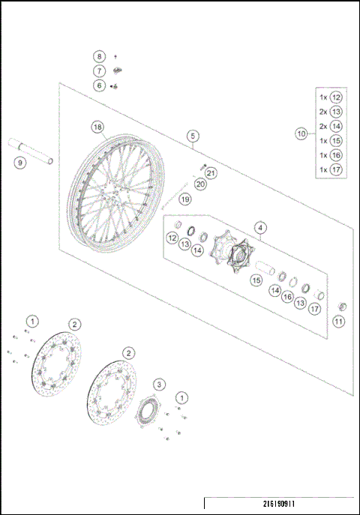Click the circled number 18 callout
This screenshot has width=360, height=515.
coord(97,126)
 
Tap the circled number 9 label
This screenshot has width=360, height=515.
coord(19,162)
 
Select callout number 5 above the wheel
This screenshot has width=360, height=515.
coord(193,136)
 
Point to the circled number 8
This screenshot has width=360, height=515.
coord(98,56)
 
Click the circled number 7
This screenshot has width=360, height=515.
coord(98,70)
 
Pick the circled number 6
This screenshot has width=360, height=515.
coord(98,85)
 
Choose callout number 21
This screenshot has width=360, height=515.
coord(211,173)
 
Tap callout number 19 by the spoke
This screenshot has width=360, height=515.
coord(184,199)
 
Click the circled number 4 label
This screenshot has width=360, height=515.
coord(259,227)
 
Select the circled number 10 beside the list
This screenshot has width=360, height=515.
coord(301,133)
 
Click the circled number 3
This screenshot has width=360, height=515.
coord(158,384)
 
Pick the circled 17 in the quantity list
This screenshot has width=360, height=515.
coord(336,169)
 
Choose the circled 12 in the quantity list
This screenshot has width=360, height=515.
coord(336,97)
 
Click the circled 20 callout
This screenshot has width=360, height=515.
coord(199,184)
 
